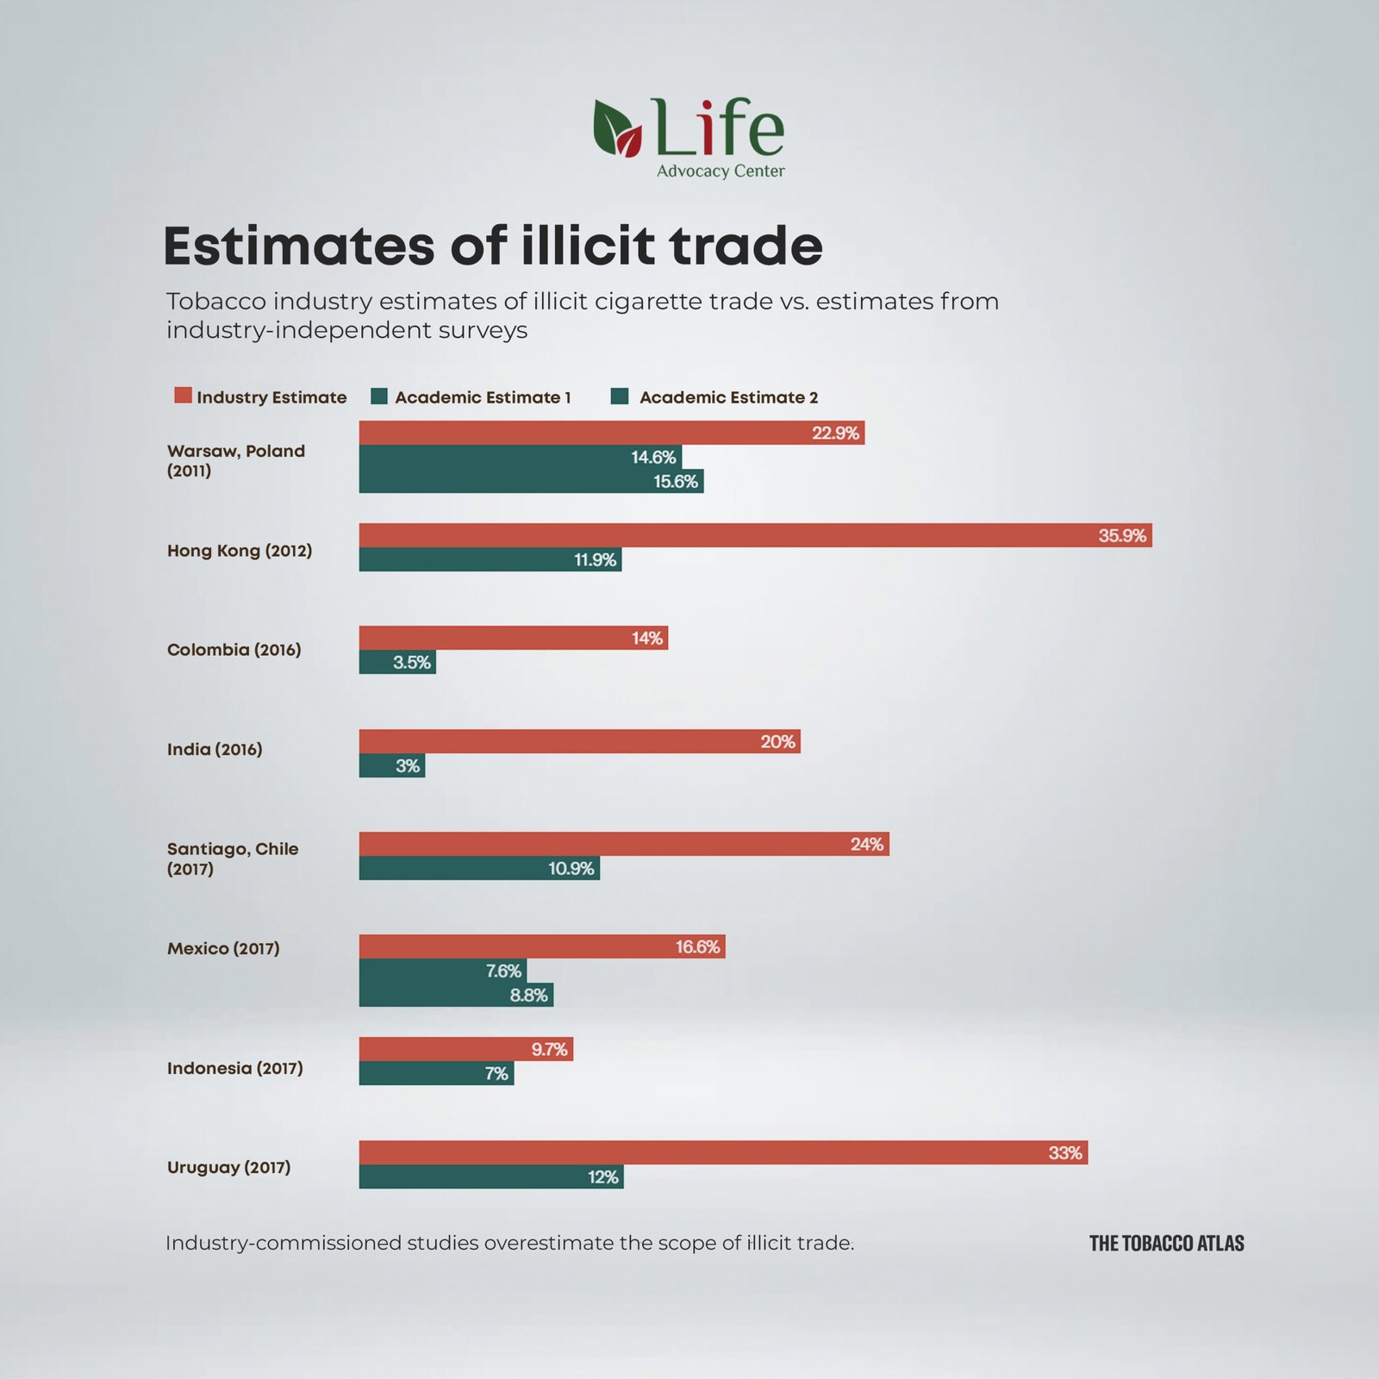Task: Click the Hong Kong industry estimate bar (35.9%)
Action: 755,535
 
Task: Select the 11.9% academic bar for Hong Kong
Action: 490,559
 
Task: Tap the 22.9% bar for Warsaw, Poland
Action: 611,433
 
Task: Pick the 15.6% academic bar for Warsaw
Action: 531,481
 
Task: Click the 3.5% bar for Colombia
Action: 397,662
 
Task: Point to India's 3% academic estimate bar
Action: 391,765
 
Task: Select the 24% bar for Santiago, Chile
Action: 623,844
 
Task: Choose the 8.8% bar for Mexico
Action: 456,995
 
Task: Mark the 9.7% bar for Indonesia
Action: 465,1049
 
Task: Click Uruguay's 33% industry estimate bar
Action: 723,1152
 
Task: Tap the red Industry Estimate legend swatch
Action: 183,396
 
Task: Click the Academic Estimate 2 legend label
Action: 728,397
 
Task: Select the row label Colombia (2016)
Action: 234,650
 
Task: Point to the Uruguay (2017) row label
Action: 229,1167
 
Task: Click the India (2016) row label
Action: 215,749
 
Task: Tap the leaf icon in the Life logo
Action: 617,128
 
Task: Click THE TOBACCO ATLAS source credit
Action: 1166,1243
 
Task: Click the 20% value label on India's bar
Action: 777,741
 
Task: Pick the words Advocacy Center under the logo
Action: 721,171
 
